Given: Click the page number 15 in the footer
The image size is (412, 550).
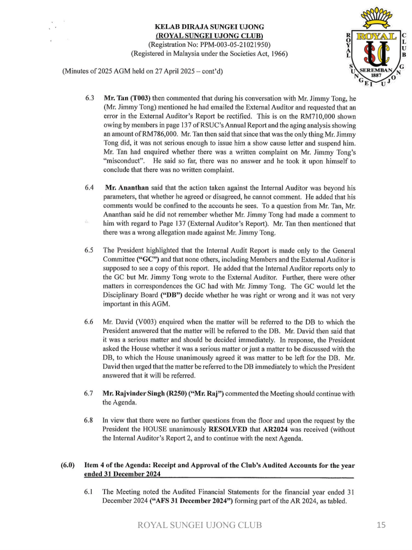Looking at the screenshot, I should (x=381, y=525).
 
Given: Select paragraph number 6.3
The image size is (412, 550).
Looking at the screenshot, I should (x=90, y=98).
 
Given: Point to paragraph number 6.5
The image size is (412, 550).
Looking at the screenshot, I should (x=90, y=250).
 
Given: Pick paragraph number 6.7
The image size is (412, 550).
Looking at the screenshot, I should (x=90, y=394).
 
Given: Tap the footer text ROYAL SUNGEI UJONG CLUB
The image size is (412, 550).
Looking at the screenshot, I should (x=200, y=525).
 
